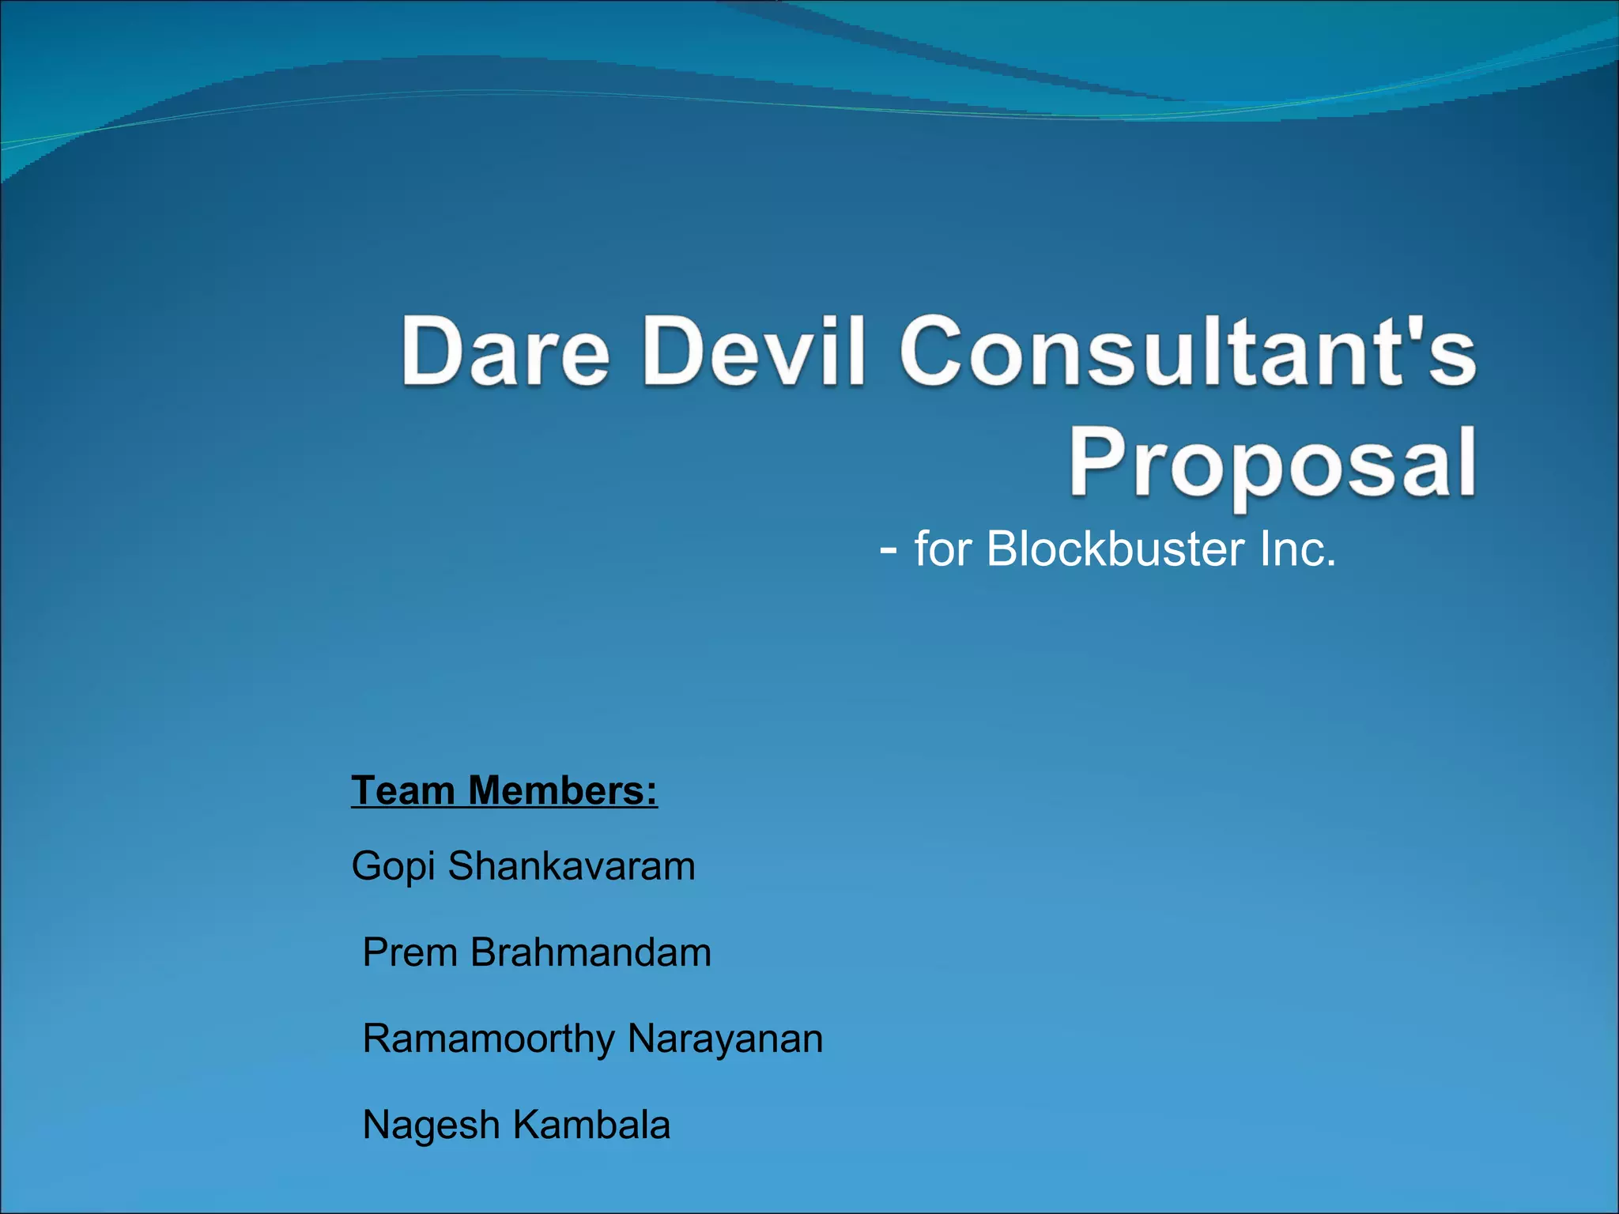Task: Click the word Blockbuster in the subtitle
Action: tap(1115, 549)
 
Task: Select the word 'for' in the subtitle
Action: tap(942, 549)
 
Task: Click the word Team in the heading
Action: tap(403, 790)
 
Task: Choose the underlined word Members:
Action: tap(563, 790)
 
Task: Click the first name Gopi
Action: tap(394, 866)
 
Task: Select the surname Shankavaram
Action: tap(572, 865)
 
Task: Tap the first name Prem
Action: tap(410, 952)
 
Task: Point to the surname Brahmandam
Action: tap(591, 952)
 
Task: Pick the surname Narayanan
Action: tap(725, 1039)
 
